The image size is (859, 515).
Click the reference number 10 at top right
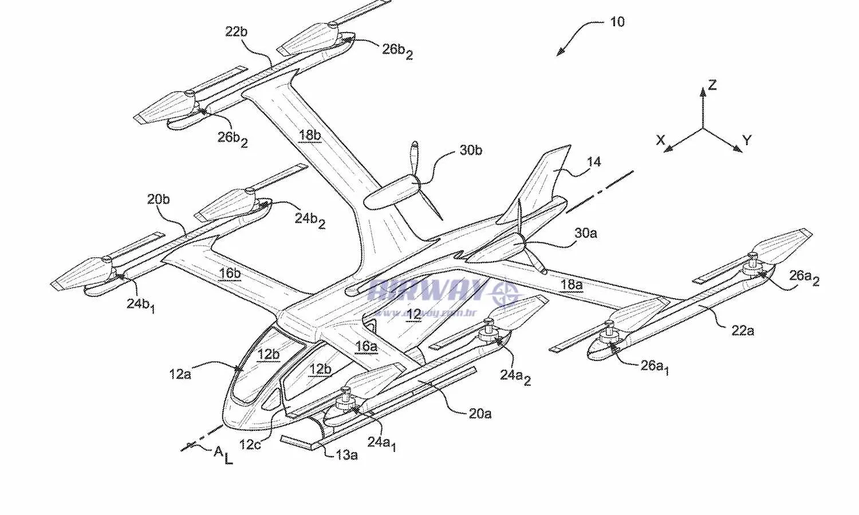point(617,22)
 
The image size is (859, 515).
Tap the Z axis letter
point(712,85)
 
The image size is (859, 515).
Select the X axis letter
point(660,140)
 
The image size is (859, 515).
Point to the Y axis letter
point(746,140)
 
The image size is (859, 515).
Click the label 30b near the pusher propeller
point(471,150)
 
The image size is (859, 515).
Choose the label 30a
point(585,233)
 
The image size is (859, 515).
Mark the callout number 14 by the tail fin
point(594,162)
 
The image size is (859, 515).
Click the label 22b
point(236,32)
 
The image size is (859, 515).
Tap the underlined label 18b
point(309,135)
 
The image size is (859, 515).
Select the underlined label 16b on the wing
point(230,274)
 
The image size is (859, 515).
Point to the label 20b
point(158,200)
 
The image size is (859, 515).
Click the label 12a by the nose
point(180,374)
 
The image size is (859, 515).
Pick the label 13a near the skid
point(346,455)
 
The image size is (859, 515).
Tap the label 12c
point(250,444)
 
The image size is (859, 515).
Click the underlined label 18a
point(571,284)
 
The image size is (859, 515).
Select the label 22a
point(742,330)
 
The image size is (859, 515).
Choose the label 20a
point(480,413)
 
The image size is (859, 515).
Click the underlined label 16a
point(366,346)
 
